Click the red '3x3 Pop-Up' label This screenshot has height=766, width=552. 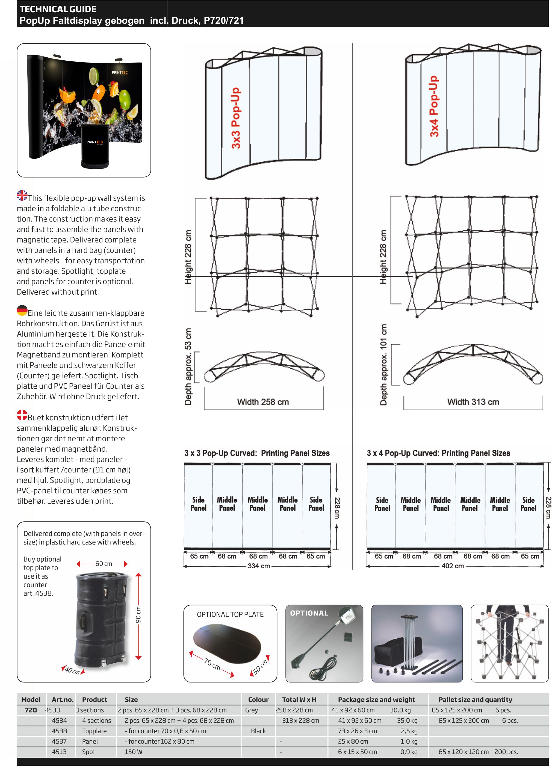pos(236,118)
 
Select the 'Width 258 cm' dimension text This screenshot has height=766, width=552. pos(263,402)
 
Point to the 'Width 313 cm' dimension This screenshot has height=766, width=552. pos(473,402)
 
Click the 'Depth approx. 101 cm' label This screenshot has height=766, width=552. pos(383,365)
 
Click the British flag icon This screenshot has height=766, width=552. pos(22,195)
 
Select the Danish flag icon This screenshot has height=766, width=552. pos(22,415)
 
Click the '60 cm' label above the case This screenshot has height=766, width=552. pos(103,564)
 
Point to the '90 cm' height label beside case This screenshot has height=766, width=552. pos(138,615)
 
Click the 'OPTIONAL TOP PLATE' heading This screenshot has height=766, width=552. pos(230,614)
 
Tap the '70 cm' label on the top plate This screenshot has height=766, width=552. pos(212,664)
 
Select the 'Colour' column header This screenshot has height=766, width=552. pos(258,699)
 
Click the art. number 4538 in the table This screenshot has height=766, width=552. pos(59,731)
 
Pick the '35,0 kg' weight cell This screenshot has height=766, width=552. pos(407,720)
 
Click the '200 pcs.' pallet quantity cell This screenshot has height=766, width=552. pos(506,752)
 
